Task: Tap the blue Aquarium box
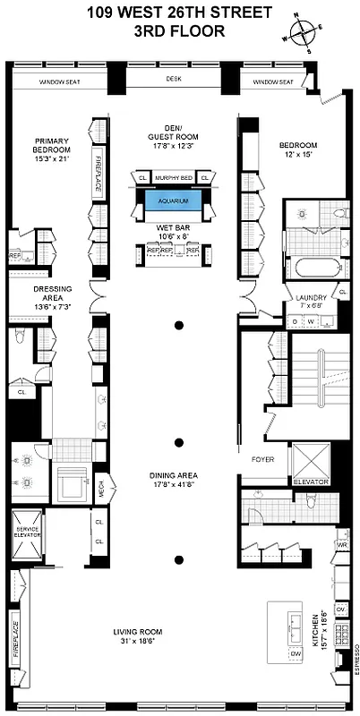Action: [x=174, y=201]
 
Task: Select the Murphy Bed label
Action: [x=174, y=178]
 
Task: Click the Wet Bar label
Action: [x=174, y=230]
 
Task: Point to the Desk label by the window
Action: [x=174, y=79]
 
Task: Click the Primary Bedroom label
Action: [x=52, y=149]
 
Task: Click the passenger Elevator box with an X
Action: [x=309, y=464]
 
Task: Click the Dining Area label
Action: [x=174, y=480]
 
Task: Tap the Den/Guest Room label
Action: [x=174, y=132]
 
